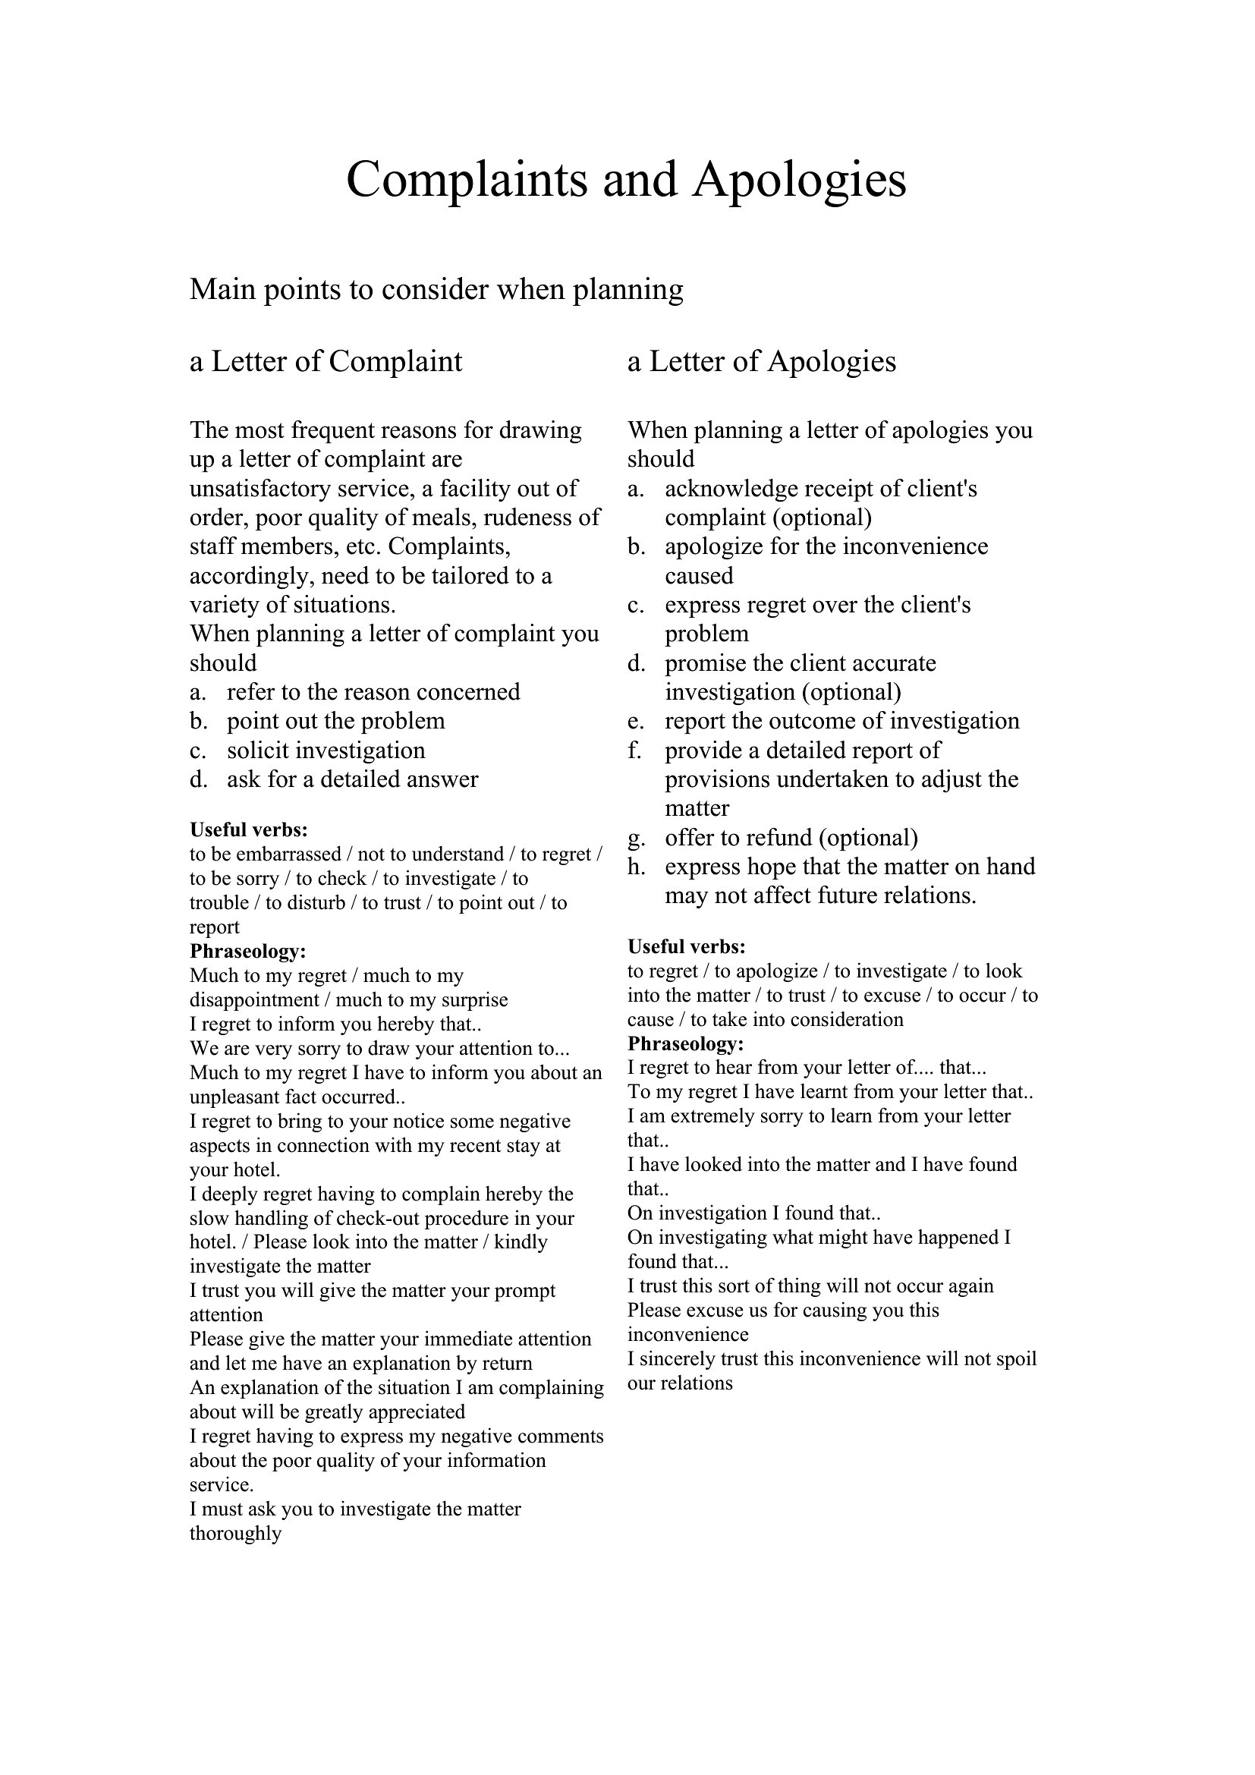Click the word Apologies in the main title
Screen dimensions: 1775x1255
[x=798, y=180]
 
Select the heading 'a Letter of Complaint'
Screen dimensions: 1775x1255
[x=326, y=361]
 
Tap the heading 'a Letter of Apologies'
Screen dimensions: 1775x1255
[x=761, y=361]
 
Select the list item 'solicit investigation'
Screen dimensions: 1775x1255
[x=326, y=751]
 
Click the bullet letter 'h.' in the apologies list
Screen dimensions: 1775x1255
[x=636, y=867]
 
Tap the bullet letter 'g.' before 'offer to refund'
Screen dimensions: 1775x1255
[x=636, y=838]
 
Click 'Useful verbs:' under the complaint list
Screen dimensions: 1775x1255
[x=249, y=830]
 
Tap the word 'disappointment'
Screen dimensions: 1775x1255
[x=254, y=999]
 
